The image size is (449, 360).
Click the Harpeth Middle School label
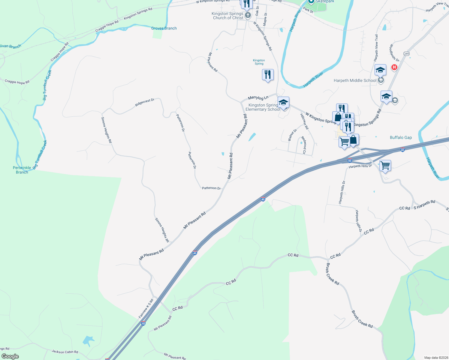355,80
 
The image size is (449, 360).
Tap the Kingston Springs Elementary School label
263,107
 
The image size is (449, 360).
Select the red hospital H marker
394,67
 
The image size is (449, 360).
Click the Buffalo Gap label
401,137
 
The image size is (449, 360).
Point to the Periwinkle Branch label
22,170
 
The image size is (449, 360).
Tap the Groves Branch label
164,28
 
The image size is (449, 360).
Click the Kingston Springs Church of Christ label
228,16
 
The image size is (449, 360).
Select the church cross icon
248,15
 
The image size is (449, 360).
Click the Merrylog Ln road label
258,98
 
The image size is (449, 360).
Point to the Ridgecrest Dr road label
145,102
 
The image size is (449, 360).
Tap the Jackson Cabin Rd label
65,352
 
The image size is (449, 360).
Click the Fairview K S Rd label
146,308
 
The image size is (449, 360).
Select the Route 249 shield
406,54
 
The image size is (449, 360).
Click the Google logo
10,356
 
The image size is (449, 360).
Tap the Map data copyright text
436,358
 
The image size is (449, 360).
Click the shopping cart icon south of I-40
385,165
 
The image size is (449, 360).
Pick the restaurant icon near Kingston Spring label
268,74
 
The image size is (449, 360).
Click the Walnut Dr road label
292,135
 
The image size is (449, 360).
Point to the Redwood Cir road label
304,145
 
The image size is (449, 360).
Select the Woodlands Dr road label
394,53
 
